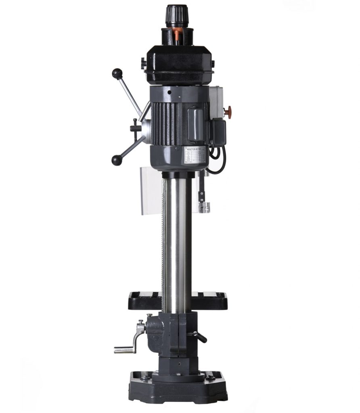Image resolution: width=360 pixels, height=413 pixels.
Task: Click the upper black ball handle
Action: coord(117,73)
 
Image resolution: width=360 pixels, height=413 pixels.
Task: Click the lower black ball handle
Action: coord(117,160)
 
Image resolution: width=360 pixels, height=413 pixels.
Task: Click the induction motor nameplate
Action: coord(195,155)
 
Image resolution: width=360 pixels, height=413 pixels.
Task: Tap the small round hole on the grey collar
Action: coord(170,92)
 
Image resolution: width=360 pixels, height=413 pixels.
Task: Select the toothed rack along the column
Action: coord(163,242)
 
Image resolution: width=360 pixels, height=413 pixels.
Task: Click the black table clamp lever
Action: coord(199,336)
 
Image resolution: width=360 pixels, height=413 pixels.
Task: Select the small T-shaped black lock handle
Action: coord(135,128)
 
